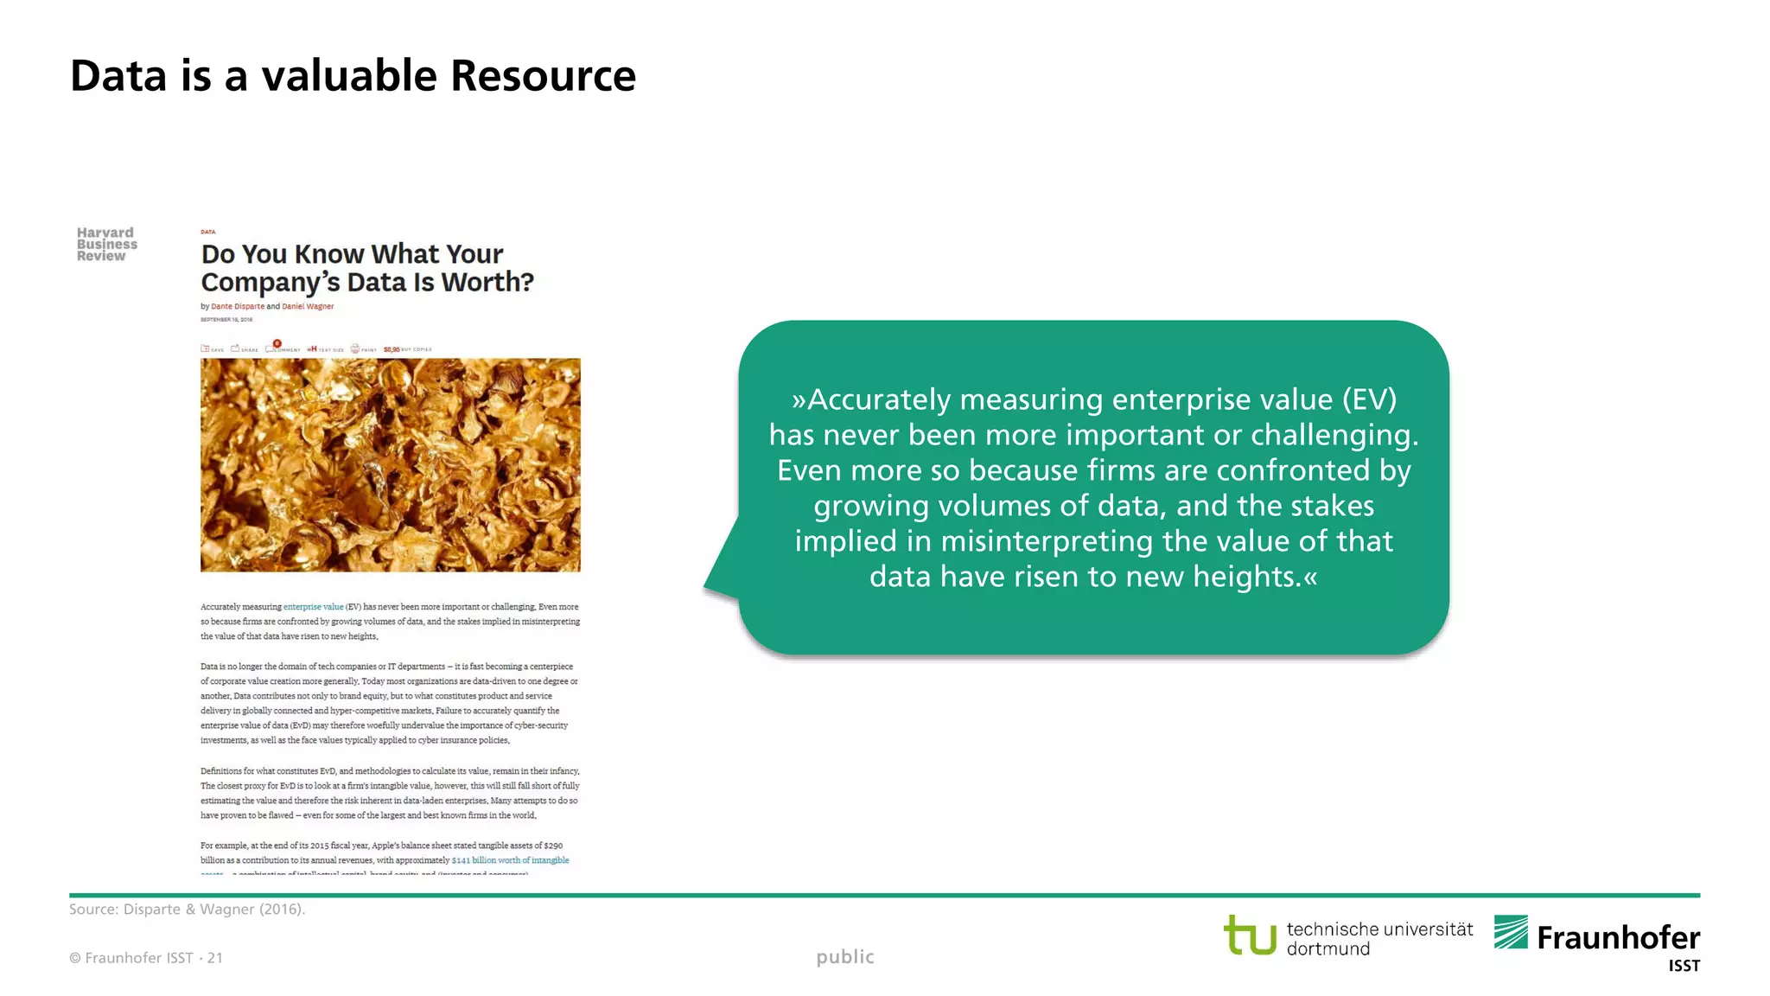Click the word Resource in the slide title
[543, 76]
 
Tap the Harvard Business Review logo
[106, 245]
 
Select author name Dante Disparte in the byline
[238, 306]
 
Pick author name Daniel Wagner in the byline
[308, 306]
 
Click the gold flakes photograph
[391, 465]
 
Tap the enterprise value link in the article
[313, 607]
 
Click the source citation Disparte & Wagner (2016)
[213, 910]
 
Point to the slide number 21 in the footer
[215, 958]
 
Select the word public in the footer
[845, 957]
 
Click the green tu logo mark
[1250, 935]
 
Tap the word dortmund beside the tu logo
[1328, 949]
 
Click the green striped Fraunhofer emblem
[1511, 932]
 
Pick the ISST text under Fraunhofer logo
[1684, 966]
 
